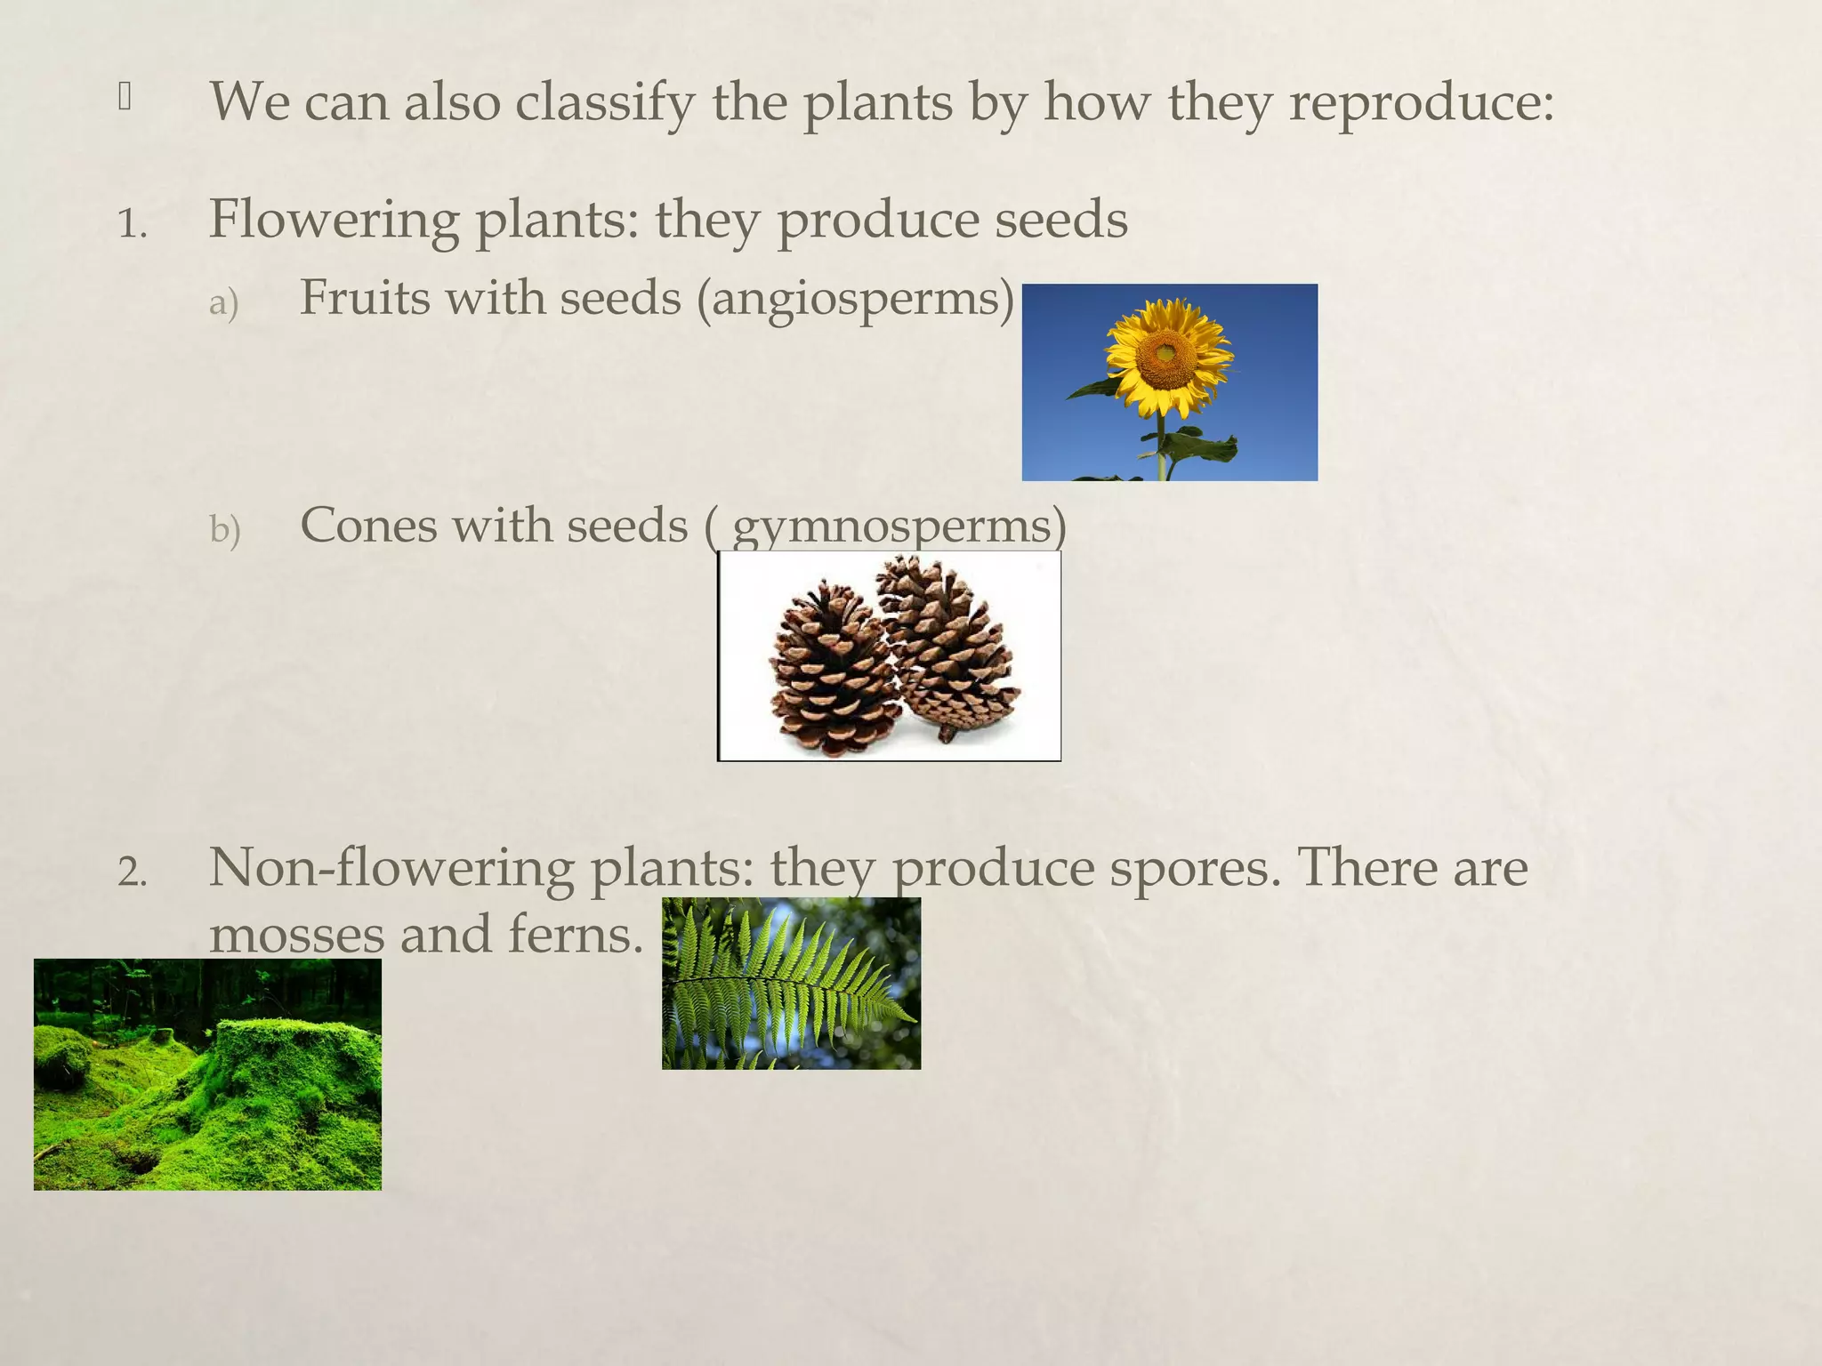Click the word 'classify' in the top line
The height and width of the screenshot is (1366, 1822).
pyautogui.click(x=604, y=102)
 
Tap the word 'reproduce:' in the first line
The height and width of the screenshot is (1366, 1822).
pyautogui.click(x=1421, y=102)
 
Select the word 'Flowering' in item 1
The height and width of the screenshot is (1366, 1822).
pyautogui.click(x=334, y=220)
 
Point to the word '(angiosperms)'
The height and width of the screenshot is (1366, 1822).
pyautogui.click(x=855, y=298)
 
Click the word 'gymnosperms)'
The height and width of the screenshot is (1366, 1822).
pyautogui.click(x=899, y=526)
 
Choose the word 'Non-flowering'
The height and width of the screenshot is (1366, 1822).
pyautogui.click(x=391, y=869)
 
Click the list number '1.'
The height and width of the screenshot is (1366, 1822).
pyautogui.click(x=132, y=224)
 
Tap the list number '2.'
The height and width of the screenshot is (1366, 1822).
pyautogui.click(x=132, y=873)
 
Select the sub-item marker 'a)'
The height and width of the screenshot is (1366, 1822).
pyautogui.click(x=223, y=303)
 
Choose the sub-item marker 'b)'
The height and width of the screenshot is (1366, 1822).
pyautogui.click(x=224, y=531)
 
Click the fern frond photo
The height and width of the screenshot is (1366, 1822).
pyautogui.click(x=791, y=984)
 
